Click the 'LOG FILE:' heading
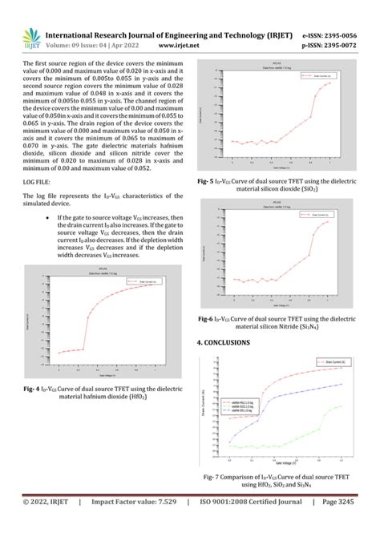click(x=38, y=183)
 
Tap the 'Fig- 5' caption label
click(x=209, y=182)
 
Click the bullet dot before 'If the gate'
click(x=51, y=217)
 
